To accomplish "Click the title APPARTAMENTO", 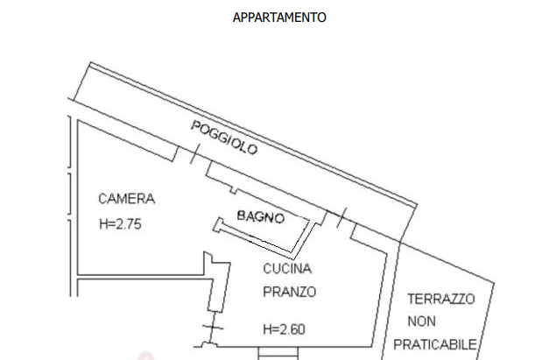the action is coord(279,18).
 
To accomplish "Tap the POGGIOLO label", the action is coord(224,138).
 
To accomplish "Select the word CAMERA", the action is coord(126,199).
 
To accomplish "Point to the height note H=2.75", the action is coord(120,224).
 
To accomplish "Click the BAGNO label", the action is coord(261,216).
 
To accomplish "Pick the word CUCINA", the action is coord(287,269).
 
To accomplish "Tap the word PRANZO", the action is coord(289,293).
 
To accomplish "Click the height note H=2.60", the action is coord(285,329).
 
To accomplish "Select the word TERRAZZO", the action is coord(441,300).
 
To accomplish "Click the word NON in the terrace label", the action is coord(421,321).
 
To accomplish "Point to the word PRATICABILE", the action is coord(435,345).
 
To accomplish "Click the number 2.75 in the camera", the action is coord(129,224).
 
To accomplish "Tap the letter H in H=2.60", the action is coord(267,329).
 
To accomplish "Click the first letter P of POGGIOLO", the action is coord(195,125).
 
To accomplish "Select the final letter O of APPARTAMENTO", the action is coord(322,18).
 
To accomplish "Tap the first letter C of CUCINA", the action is coord(267,269).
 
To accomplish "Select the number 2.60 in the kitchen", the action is coord(292,329).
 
